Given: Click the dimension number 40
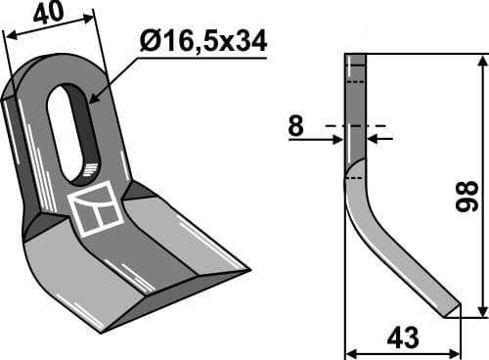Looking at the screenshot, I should [55, 15].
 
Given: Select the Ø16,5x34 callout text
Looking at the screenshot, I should [202, 41].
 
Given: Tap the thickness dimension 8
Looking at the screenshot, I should [295, 124].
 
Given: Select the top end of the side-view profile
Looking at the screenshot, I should [356, 58].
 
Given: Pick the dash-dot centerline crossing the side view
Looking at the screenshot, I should [356, 126].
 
